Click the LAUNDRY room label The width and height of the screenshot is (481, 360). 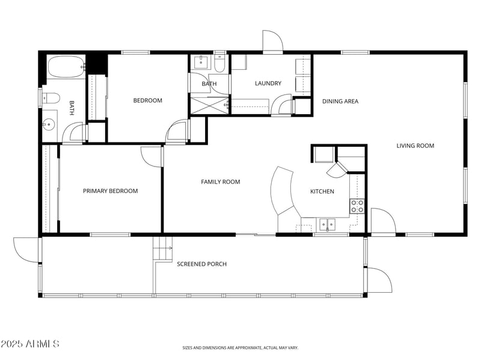268,84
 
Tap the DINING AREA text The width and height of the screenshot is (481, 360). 340,101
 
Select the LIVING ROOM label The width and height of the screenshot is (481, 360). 415,145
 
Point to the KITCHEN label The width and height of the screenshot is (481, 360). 322,192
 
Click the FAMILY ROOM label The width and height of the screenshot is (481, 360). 220,182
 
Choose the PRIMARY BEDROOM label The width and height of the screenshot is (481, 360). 110,191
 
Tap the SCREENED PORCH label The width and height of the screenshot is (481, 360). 201,264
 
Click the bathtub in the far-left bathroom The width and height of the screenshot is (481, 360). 66,67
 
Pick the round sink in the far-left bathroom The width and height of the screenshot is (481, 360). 47,124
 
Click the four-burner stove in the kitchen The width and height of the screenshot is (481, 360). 357,206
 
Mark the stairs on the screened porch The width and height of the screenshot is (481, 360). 162,248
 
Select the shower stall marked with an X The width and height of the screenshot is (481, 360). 209,105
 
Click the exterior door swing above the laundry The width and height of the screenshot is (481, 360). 272,41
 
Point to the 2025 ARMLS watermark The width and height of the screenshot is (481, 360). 30,344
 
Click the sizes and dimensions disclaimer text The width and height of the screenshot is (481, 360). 240,347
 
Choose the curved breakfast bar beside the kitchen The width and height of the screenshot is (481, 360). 281,191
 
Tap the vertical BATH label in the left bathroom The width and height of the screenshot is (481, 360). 72,108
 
